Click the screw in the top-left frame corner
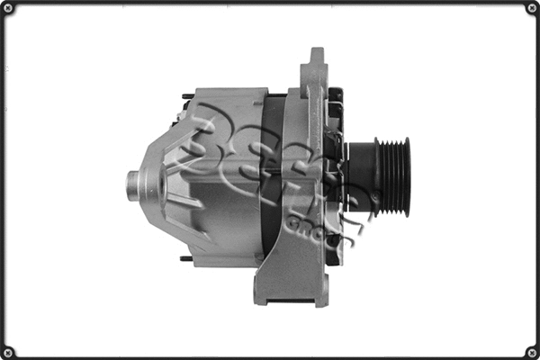coord(9,9)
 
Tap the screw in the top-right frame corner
coord(531,9)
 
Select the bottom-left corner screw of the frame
coord(9,351)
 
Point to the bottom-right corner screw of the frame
coord(531,351)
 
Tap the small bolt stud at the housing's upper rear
coord(185,96)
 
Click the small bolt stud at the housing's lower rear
coord(185,259)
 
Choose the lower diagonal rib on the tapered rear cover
coord(171,225)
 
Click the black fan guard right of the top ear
coord(335,108)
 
